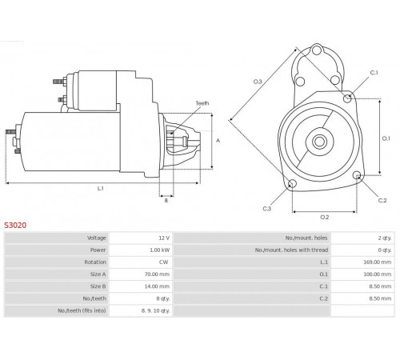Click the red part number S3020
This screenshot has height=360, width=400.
point(15,226)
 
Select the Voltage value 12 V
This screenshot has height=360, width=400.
point(164,238)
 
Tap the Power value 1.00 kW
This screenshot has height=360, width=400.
point(159,250)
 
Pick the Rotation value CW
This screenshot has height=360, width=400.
point(164,262)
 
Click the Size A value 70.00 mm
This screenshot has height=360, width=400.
point(157,274)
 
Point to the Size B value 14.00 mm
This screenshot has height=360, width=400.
point(157,286)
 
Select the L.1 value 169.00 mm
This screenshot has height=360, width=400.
point(378,262)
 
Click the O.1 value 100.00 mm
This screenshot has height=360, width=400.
point(378,274)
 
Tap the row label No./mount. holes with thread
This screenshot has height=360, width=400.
point(291,250)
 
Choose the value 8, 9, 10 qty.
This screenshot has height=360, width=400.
point(155,310)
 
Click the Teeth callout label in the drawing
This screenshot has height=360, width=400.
point(202,103)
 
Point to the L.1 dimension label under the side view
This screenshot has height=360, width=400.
point(100,189)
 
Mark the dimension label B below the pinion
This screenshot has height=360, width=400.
point(166,200)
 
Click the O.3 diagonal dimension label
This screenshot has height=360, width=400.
point(258,82)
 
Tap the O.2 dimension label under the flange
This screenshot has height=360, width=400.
point(325,218)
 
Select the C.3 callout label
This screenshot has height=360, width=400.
point(267,209)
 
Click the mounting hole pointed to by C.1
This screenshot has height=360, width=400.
point(347,98)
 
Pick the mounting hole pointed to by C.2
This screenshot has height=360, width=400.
point(357,175)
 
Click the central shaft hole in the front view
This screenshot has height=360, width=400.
point(319,142)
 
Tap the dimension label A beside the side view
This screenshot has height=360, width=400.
point(218,141)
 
